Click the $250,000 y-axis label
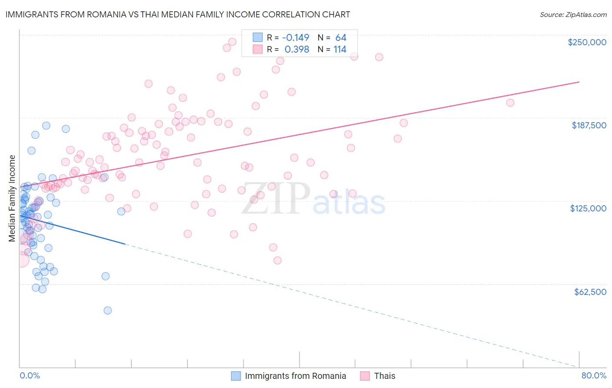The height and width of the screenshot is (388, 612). click(x=587, y=42)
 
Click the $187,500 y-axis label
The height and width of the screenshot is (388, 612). click(x=588, y=125)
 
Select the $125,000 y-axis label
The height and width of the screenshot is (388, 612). click(x=588, y=208)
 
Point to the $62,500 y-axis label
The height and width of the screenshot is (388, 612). click(x=590, y=291)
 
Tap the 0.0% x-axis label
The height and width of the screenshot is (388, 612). click(x=30, y=375)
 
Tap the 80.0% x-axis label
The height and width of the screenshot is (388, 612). click(x=594, y=375)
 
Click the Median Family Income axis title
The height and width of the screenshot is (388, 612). click(x=12, y=198)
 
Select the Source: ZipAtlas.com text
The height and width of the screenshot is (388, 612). click(x=573, y=14)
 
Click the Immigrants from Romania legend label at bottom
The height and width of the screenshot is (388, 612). click(x=295, y=376)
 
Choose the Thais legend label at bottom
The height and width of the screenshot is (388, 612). click(x=385, y=376)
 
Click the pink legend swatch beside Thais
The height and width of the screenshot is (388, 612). click(x=365, y=376)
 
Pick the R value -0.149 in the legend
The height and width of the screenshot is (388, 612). click(x=296, y=37)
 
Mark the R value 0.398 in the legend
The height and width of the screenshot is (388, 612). click(x=296, y=49)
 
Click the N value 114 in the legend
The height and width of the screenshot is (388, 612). click(x=340, y=49)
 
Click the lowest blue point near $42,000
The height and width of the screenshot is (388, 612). click(x=108, y=310)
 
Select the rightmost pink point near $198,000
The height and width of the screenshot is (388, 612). click(x=510, y=103)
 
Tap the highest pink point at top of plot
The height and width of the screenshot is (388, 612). click(x=232, y=42)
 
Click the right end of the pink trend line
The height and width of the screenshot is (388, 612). click(x=579, y=82)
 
